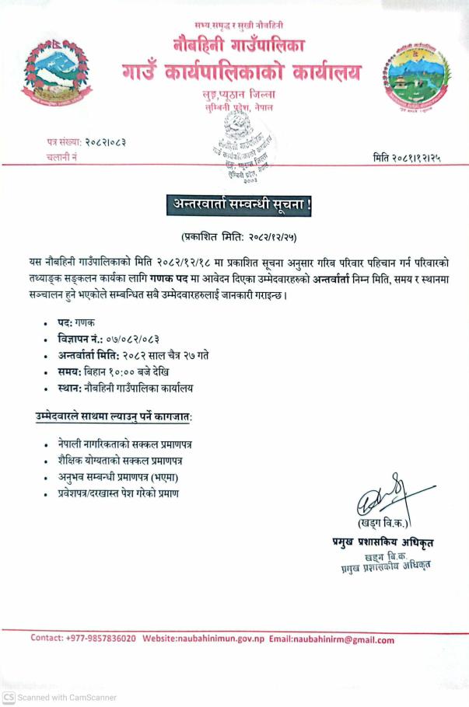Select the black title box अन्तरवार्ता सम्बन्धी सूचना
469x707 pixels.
pos(239,204)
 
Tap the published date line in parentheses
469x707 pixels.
pos(239,235)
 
